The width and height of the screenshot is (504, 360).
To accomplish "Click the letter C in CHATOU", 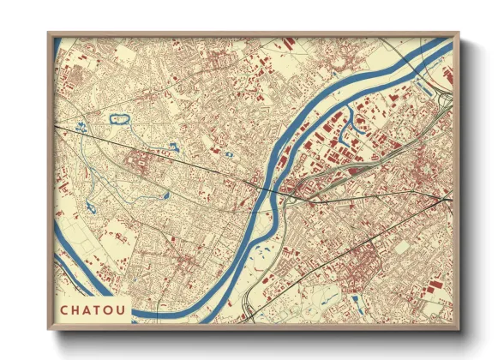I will coord(65,310).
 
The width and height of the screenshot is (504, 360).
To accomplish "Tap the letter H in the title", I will coord(76,310).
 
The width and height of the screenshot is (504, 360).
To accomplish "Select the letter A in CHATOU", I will coord(87,310).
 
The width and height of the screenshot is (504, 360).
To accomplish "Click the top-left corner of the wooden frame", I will coord(48,33).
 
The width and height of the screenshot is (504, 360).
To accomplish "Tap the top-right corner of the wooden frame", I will coord(459,33).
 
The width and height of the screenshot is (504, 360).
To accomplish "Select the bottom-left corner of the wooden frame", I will coord(48,330).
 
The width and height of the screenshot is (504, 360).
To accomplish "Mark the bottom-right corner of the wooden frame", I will coord(459,330).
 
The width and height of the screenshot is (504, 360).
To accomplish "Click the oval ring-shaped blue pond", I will coord(118,118).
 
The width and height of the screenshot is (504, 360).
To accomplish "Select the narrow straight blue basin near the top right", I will coord(424,86).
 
